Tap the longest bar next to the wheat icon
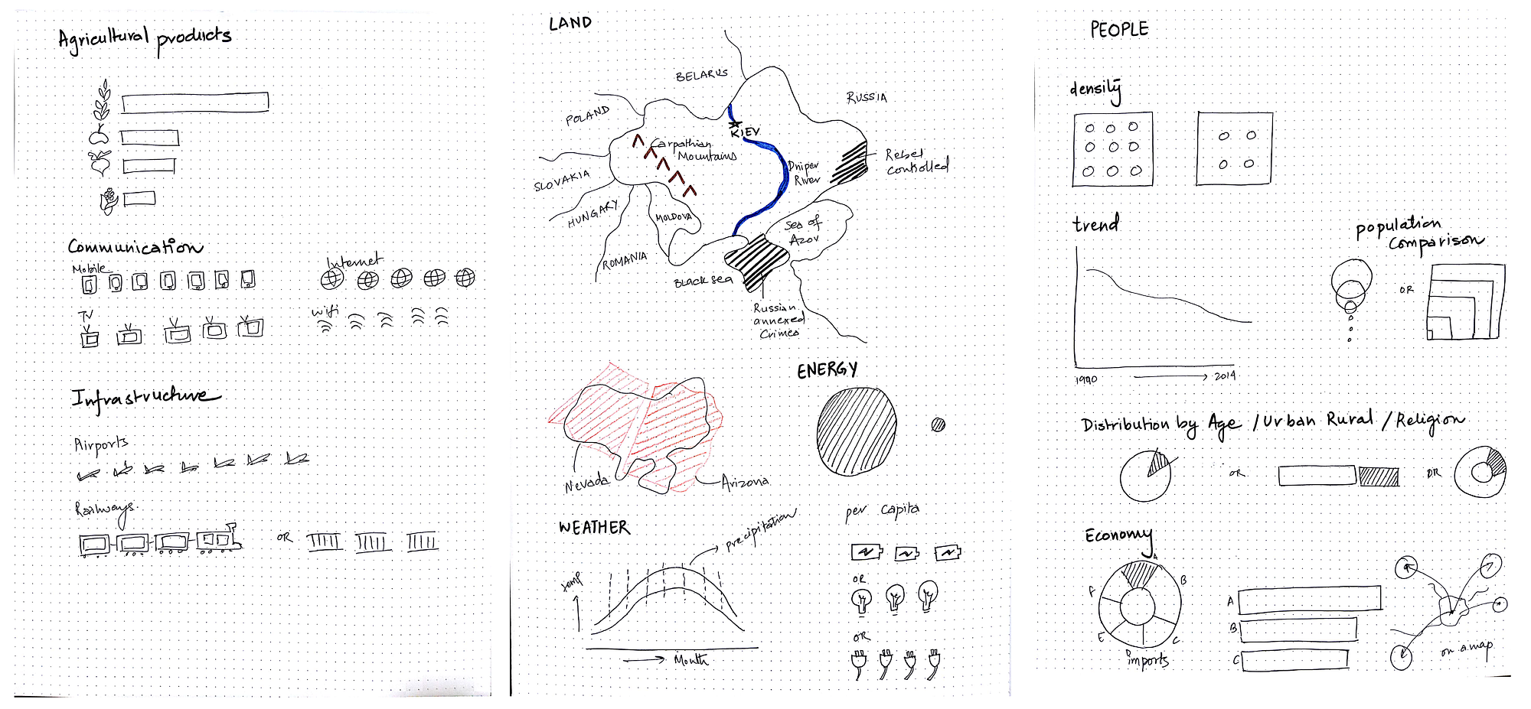(195, 102)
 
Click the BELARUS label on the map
(701, 75)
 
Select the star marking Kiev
(735, 123)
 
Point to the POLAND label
(587, 115)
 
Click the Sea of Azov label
(803, 232)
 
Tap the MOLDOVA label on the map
(674, 217)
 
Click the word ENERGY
(827, 371)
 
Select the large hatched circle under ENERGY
(856, 431)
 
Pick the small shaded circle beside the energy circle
(938, 424)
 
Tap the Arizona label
(745, 482)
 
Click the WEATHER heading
(594, 528)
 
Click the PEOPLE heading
(1119, 30)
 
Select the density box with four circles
(1235, 148)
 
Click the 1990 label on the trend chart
(1085, 379)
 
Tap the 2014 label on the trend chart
(1225, 376)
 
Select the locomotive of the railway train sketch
(219, 538)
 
